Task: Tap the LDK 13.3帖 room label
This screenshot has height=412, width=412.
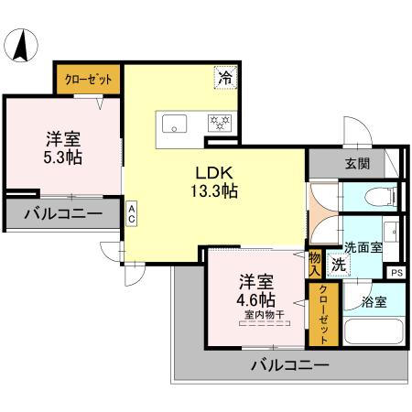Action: (x=215, y=181)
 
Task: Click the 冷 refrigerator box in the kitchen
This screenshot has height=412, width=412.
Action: (x=224, y=79)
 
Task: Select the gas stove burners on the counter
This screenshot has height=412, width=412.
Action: (x=221, y=121)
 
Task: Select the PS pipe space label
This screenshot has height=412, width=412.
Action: (x=396, y=272)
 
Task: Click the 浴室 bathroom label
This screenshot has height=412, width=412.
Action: (x=374, y=299)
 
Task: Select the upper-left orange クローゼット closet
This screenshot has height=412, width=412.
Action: (x=89, y=80)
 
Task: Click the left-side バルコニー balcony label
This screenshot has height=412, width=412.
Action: (x=63, y=214)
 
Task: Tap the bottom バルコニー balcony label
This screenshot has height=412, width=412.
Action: (x=290, y=365)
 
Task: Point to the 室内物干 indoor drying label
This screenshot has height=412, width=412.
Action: (x=263, y=316)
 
